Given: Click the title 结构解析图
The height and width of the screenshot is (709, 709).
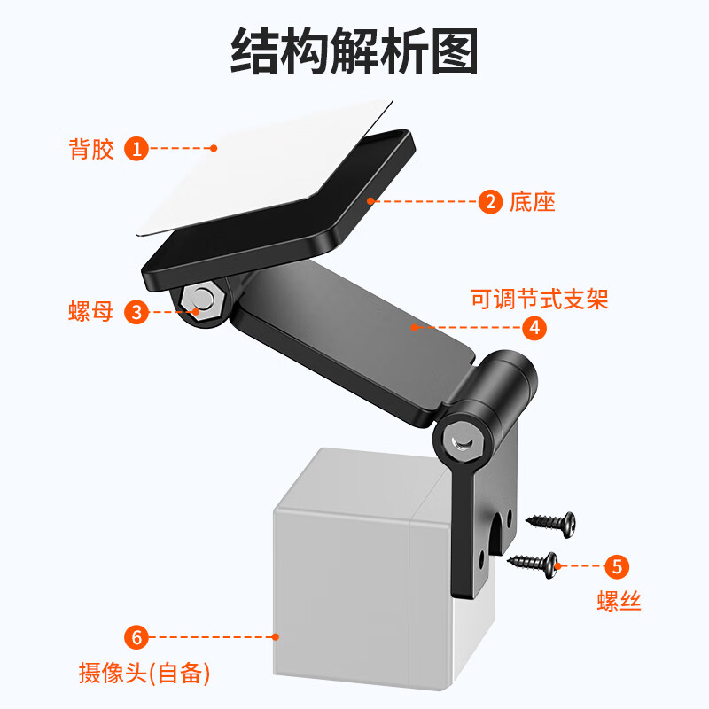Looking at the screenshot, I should (354, 51).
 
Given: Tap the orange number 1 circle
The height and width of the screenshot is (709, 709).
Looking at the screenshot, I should (136, 148).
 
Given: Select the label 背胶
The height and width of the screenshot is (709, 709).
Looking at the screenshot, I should (92, 148).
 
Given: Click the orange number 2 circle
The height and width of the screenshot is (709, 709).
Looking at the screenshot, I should (490, 201).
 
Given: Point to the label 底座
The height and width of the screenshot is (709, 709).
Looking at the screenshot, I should (533, 201).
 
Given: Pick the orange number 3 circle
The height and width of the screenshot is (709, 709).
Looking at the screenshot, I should (136, 311).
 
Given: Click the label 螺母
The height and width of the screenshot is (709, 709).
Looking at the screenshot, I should (92, 311).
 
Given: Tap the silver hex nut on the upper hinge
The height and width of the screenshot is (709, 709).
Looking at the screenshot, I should (203, 300).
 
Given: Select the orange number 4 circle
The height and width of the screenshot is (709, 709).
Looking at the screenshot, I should (533, 327).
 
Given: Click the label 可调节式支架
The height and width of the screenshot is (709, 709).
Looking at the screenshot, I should (539, 299).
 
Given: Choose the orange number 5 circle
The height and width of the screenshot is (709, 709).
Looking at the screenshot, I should (618, 565).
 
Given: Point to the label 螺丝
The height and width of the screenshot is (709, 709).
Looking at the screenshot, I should (618, 602).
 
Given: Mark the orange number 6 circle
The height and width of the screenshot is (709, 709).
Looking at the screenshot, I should (136, 636).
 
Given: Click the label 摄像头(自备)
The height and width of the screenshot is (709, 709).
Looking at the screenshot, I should (144, 674).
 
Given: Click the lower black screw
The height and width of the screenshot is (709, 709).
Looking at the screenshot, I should (535, 561).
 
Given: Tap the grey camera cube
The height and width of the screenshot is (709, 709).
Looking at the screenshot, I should (363, 567).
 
